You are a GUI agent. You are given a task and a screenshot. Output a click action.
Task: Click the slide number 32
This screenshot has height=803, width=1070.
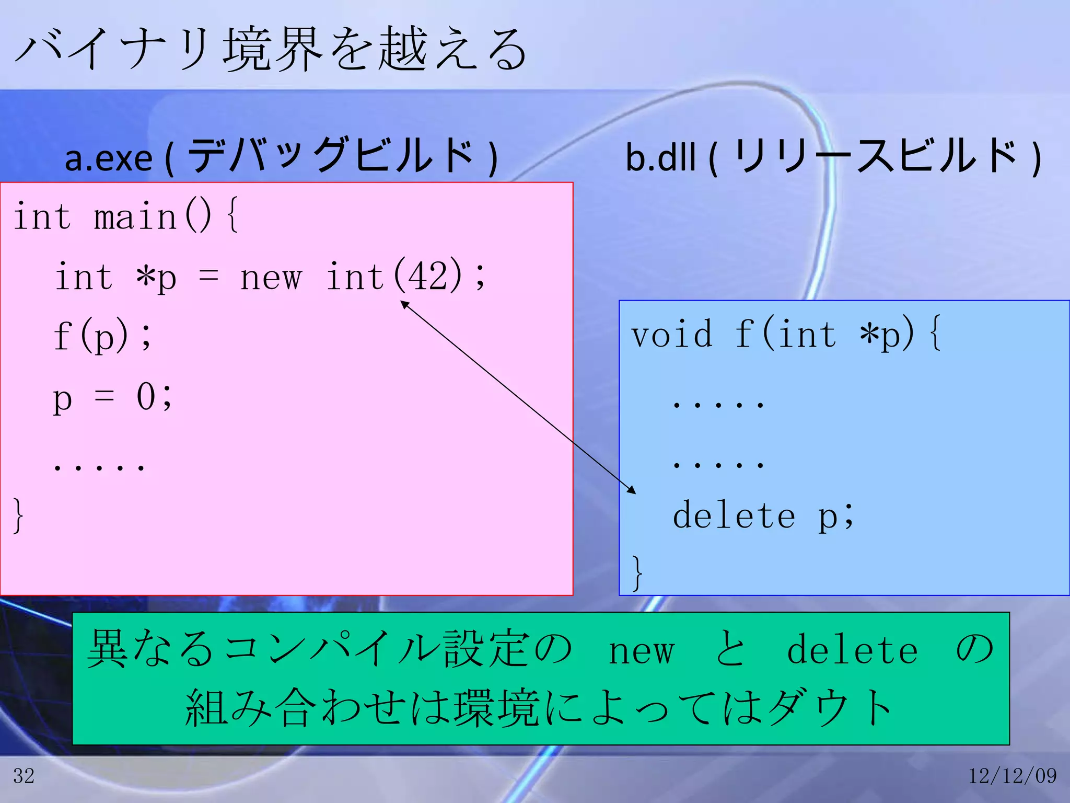[x=24, y=776]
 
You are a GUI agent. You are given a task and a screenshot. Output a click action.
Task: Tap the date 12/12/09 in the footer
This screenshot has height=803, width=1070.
[x=1013, y=776]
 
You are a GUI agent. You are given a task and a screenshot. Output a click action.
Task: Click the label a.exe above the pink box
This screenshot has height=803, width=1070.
[x=109, y=158]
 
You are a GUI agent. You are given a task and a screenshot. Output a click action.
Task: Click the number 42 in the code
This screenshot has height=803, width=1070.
[x=428, y=276]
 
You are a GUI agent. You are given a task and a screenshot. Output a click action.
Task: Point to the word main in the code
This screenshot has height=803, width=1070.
[x=136, y=216]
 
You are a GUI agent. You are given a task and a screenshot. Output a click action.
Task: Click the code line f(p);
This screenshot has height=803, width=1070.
[x=102, y=335]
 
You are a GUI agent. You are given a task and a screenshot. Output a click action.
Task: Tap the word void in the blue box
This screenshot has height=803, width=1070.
[x=671, y=335]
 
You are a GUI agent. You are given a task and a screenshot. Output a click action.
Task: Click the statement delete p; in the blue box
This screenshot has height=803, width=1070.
[x=763, y=516]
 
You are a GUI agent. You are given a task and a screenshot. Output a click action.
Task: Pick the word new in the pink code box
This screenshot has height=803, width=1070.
[x=271, y=277]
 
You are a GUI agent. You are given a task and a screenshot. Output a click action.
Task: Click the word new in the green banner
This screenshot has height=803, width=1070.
[x=642, y=651]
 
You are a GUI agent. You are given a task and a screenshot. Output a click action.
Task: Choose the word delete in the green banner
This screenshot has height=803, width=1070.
[x=852, y=650]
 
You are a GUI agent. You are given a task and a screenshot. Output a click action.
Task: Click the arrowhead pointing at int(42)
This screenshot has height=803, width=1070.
[x=403, y=303]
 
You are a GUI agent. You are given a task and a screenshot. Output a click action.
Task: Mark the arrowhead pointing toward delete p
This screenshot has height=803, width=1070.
[x=632, y=490]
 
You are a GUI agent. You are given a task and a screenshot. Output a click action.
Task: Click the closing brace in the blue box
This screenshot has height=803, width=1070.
[x=637, y=573]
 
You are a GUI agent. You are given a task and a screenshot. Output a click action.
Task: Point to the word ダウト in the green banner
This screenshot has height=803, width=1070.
[x=831, y=708]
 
